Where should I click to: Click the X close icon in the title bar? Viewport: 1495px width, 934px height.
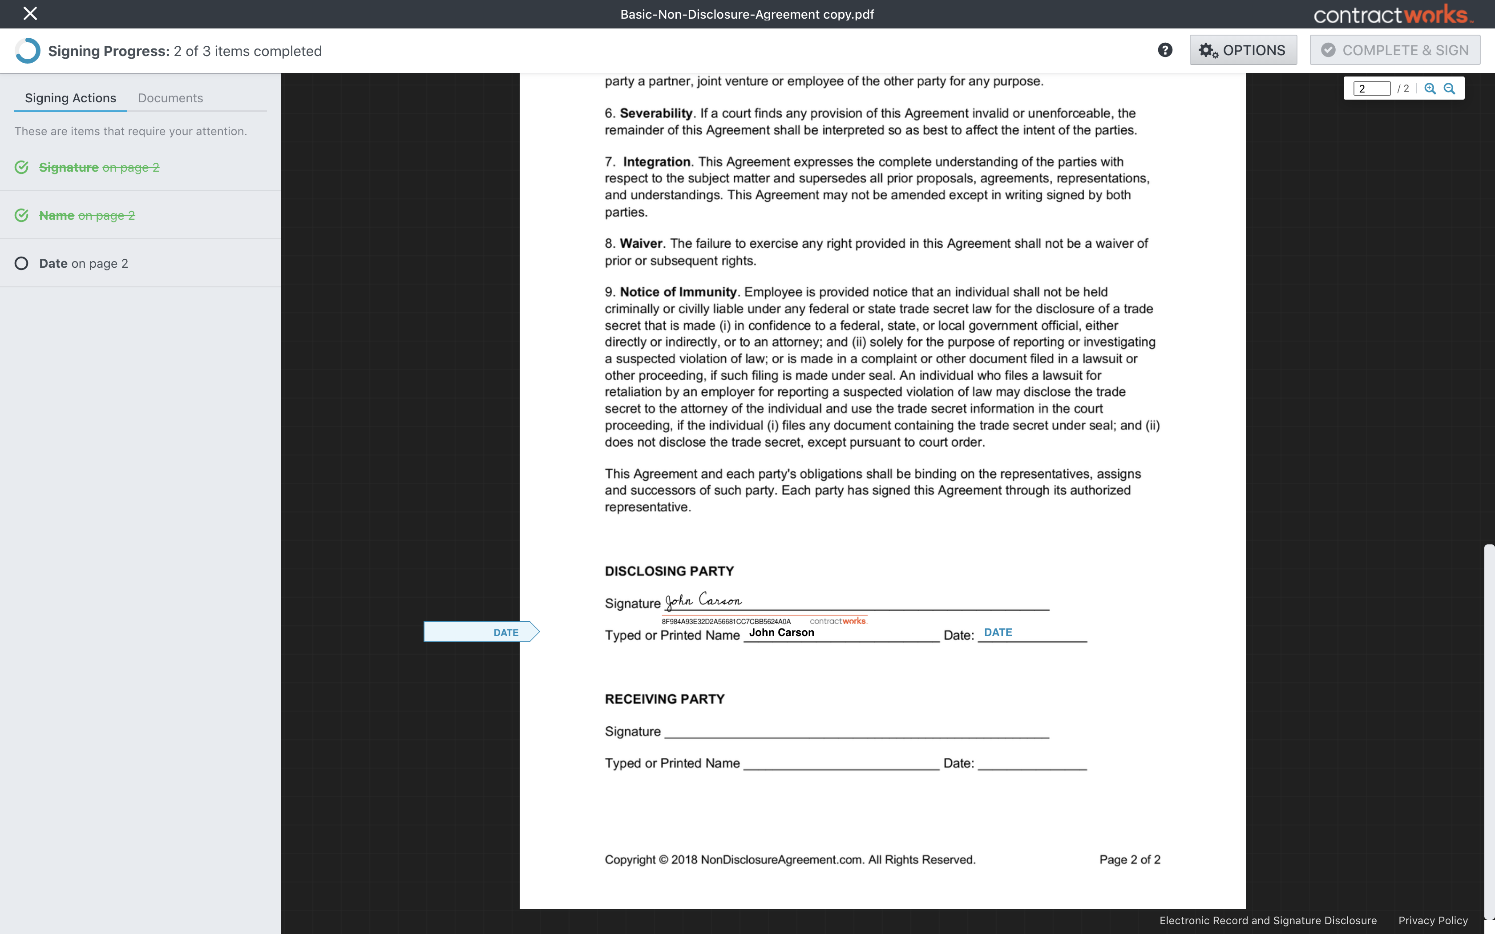click(30, 14)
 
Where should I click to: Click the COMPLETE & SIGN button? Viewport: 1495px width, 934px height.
click(1394, 50)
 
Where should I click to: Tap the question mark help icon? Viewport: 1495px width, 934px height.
click(1164, 50)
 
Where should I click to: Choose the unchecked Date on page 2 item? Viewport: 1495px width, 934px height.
click(83, 264)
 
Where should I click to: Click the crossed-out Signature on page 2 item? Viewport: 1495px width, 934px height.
click(99, 167)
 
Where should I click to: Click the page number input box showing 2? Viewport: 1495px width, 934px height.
click(1371, 89)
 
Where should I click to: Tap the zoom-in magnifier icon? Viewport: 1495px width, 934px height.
click(1430, 89)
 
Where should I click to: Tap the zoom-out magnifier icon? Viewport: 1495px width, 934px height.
click(1449, 89)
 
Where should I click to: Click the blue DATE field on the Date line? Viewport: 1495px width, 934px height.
click(998, 632)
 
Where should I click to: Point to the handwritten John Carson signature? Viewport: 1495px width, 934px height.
click(703, 600)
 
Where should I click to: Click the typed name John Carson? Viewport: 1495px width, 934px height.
click(781, 632)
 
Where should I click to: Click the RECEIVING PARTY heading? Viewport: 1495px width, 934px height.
click(664, 699)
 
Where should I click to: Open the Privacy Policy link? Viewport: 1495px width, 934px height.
click(1433, 920)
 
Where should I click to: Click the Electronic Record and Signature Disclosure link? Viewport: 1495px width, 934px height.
click(1268, 920)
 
